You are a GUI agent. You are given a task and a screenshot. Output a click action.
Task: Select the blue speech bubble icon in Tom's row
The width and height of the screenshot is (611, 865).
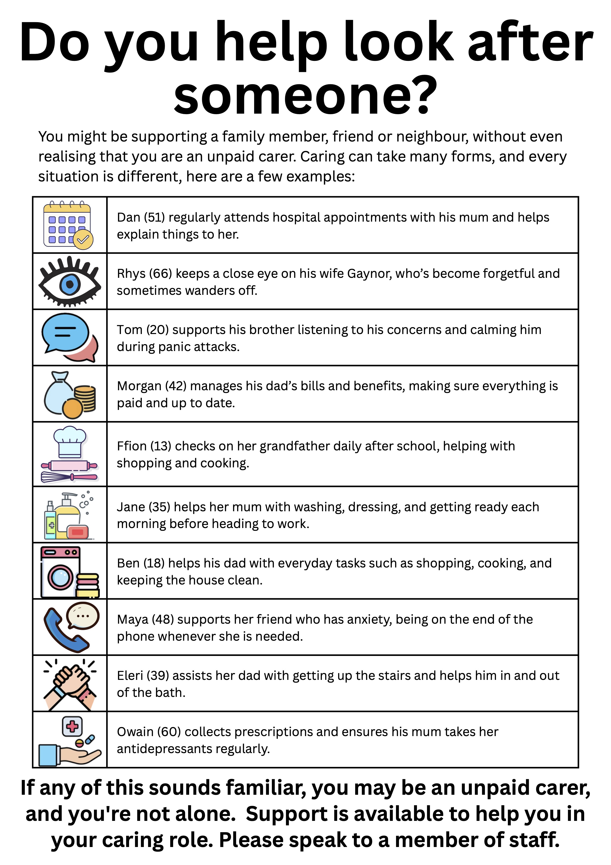click(65, 332)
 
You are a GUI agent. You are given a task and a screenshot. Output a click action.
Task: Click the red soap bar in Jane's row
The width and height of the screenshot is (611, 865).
click(78, 532)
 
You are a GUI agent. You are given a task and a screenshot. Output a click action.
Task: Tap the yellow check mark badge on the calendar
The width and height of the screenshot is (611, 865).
click(83, 239)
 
